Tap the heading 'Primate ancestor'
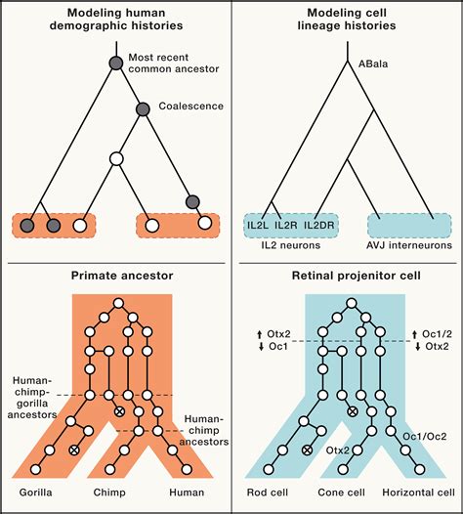coord(114,277)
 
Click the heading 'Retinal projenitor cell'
coord(348,277)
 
